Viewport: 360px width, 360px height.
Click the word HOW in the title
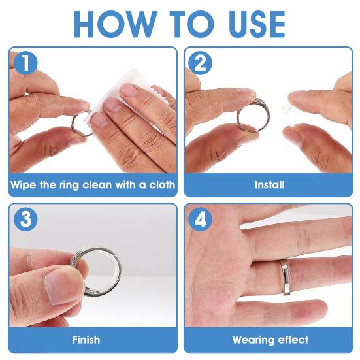115,24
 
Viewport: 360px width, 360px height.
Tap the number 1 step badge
25,63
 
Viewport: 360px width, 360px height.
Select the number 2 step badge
200,63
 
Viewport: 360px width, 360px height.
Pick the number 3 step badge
25,219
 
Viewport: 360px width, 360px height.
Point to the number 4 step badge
200,219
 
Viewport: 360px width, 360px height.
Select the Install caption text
270,185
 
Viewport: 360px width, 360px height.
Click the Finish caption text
86,340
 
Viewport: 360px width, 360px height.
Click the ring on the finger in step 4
286,277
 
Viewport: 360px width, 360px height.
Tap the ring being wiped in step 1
73,124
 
